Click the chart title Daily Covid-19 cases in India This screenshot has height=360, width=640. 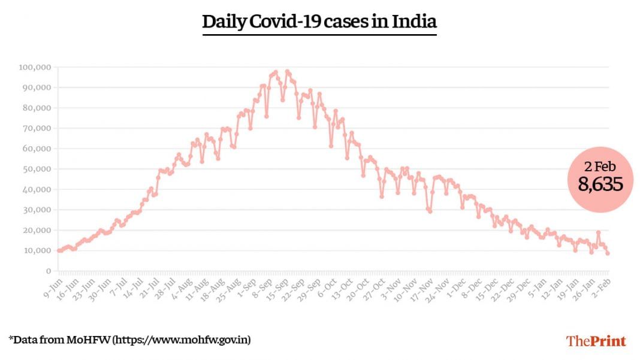coord(319,22)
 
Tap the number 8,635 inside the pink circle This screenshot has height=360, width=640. coord(600,184)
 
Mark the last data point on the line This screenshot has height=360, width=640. coord(608,253)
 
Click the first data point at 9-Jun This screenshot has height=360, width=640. coord(59,250)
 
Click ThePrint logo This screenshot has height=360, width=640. coord(596,341)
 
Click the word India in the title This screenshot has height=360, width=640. coord(414,22)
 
